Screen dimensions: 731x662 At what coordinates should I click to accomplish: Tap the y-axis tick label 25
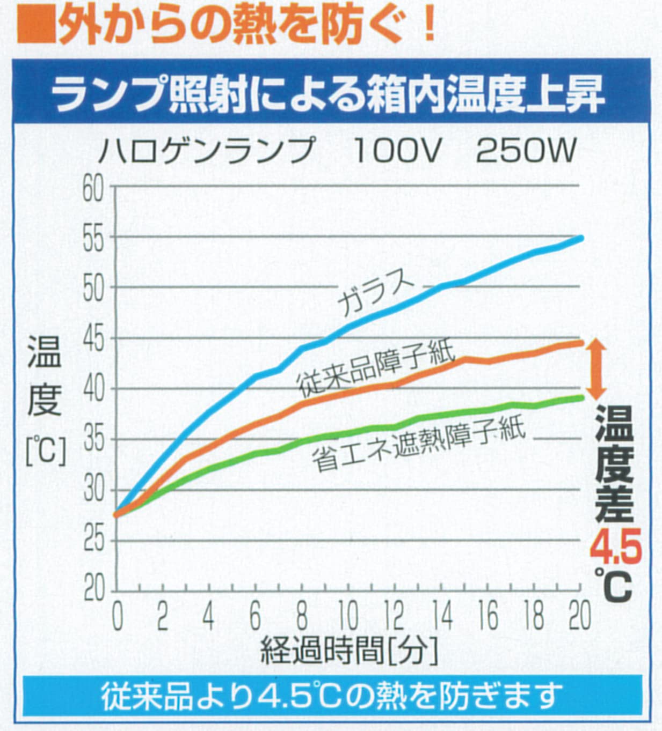(93, 539)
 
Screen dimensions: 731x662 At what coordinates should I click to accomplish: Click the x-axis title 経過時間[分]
(349, 651)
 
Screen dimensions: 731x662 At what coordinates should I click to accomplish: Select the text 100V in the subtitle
(397, 151)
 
